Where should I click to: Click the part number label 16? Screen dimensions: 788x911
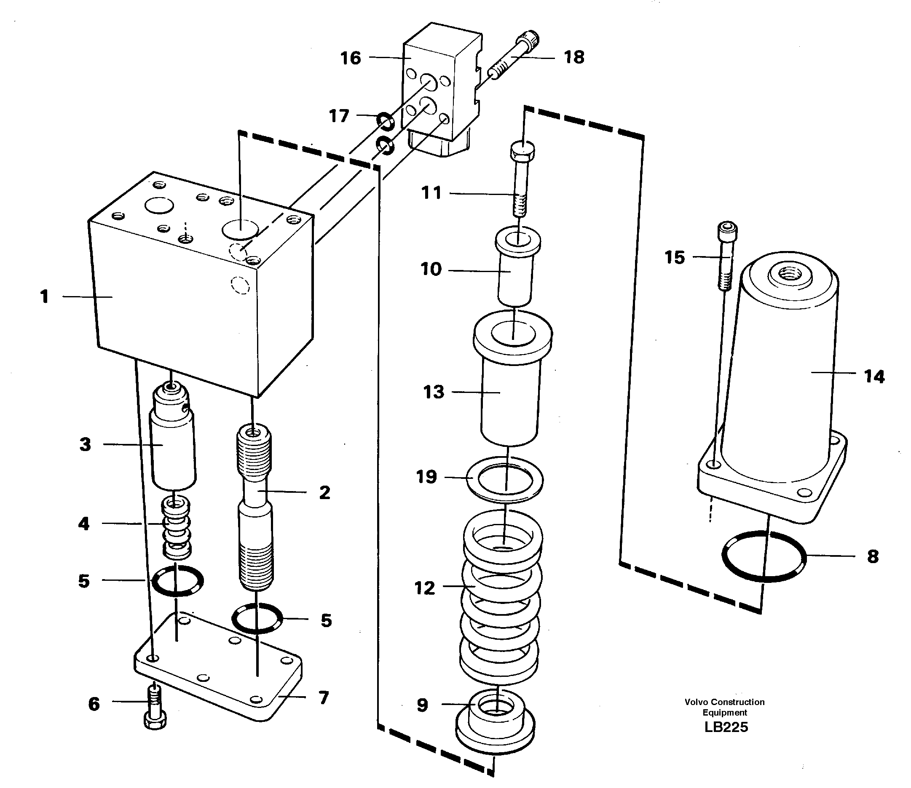point(350,59)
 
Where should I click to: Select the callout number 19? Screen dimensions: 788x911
point(426,477)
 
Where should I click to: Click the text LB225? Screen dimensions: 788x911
point(726,727)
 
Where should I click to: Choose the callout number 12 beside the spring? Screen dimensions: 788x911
point(424,588)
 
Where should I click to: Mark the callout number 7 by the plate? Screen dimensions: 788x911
point(323,698)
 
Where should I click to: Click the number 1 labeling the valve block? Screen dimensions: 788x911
point(44,297)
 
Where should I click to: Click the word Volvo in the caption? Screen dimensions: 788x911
point(697,702)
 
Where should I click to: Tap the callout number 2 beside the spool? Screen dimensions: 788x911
point(324,492)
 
